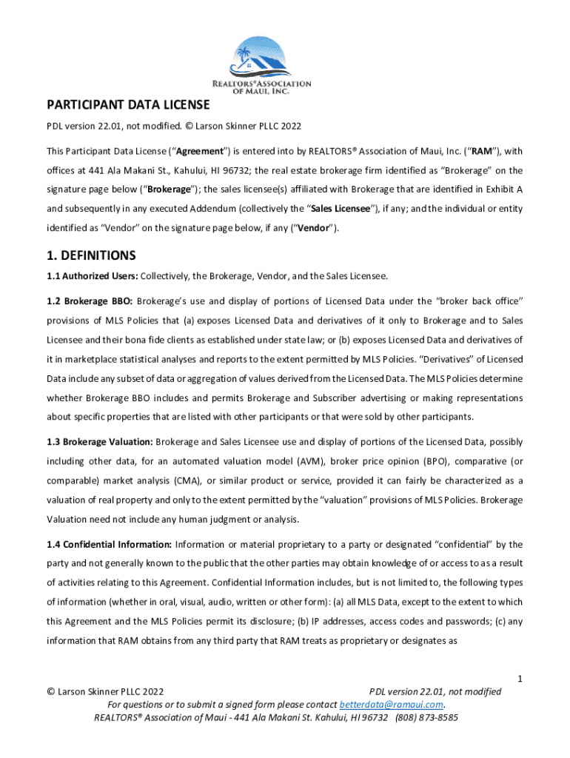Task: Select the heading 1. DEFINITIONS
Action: point(91,255)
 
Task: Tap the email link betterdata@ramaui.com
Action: point(392,704)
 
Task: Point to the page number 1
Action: point(520,679)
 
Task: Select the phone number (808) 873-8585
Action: point(426,717)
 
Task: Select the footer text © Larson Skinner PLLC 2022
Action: point(105,691)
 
